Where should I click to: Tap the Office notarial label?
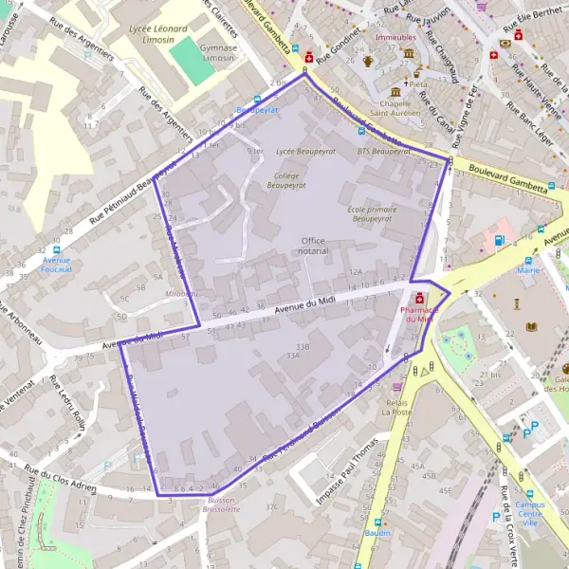314,246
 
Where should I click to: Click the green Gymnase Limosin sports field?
193,61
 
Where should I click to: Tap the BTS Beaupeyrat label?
383,151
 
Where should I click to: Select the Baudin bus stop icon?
378,522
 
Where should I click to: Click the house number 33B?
302,347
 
